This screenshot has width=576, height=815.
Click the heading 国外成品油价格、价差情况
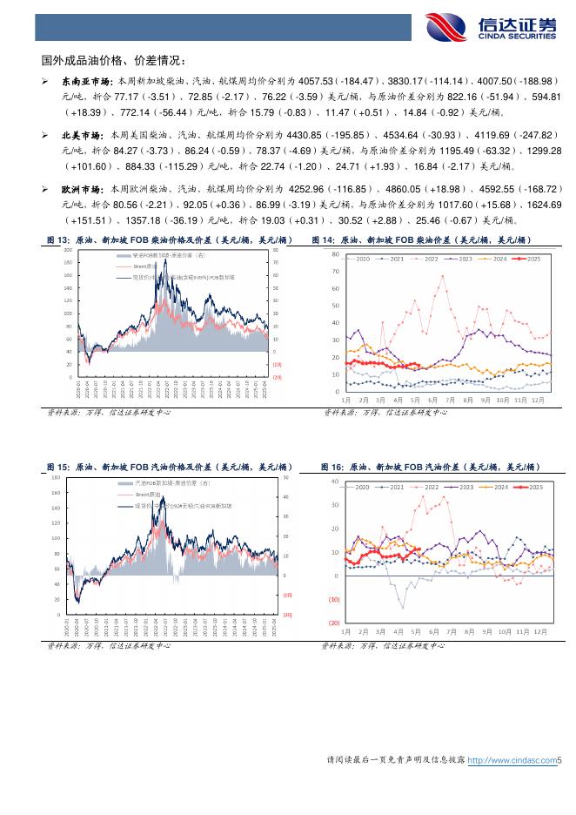pyautogui.click(x=113, y=60)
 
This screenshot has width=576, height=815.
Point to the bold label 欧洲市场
pyautogui.click(x=82, y=189)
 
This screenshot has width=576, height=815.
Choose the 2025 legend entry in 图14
pyautogui.click(x=532, y=259)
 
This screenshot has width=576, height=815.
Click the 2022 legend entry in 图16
pyautogui.click(x=426, y=487)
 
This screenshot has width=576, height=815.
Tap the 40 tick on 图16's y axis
pyautogui.click(x=336, y=482)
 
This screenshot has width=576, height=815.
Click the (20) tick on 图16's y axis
pyautogui.click(x=334, y=623)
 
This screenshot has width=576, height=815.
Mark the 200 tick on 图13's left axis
pyautogui.click(x=69, y=251)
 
